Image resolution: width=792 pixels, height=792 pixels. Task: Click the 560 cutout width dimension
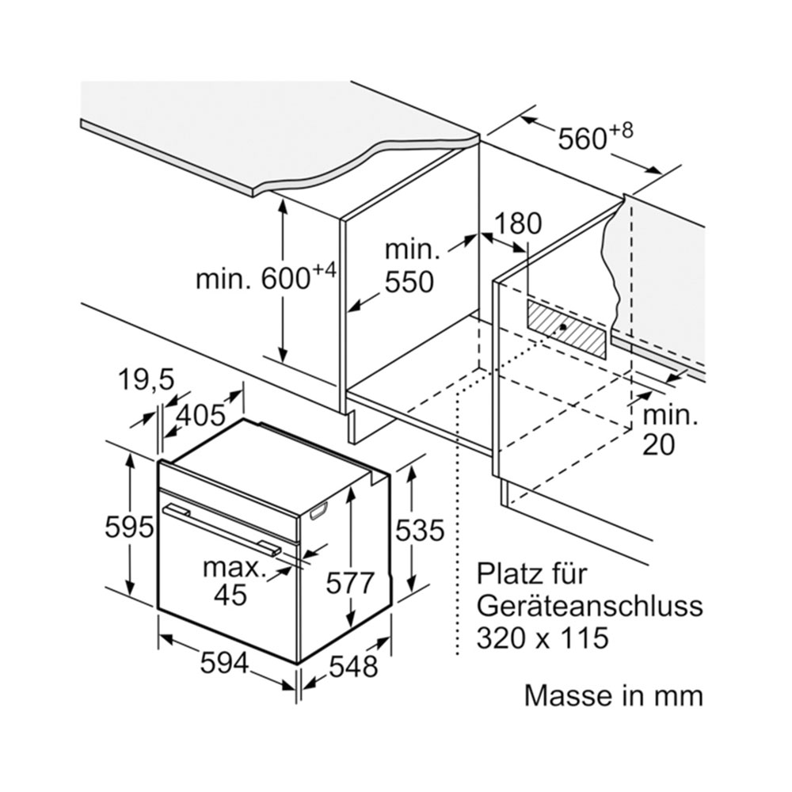(x=595, y=137)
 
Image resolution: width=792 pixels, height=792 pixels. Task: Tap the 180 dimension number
(x=517, y=223)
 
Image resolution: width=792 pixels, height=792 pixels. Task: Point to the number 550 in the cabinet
(x=409, y=282)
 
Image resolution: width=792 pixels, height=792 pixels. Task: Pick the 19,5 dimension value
(x=146, y=380)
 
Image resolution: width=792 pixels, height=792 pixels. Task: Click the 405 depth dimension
(x=200, y=415)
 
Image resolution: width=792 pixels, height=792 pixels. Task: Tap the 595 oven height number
(x=129, y=527)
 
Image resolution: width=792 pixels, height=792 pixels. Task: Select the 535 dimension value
(x=420, y=531)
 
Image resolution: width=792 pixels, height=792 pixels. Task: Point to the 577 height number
(x=350, y=584)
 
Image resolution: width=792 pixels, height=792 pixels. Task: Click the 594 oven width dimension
(x=224, y=663)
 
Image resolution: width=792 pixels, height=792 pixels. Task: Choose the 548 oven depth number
(x=353, y=666)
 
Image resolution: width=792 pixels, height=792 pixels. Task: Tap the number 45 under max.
(x=230, y=595)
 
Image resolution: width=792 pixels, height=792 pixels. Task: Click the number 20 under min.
(x=659, y=444)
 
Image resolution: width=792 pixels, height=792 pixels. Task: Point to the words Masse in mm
(x=614, y=695)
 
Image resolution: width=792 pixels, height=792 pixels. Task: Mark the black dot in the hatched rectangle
(x=563, y=327)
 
